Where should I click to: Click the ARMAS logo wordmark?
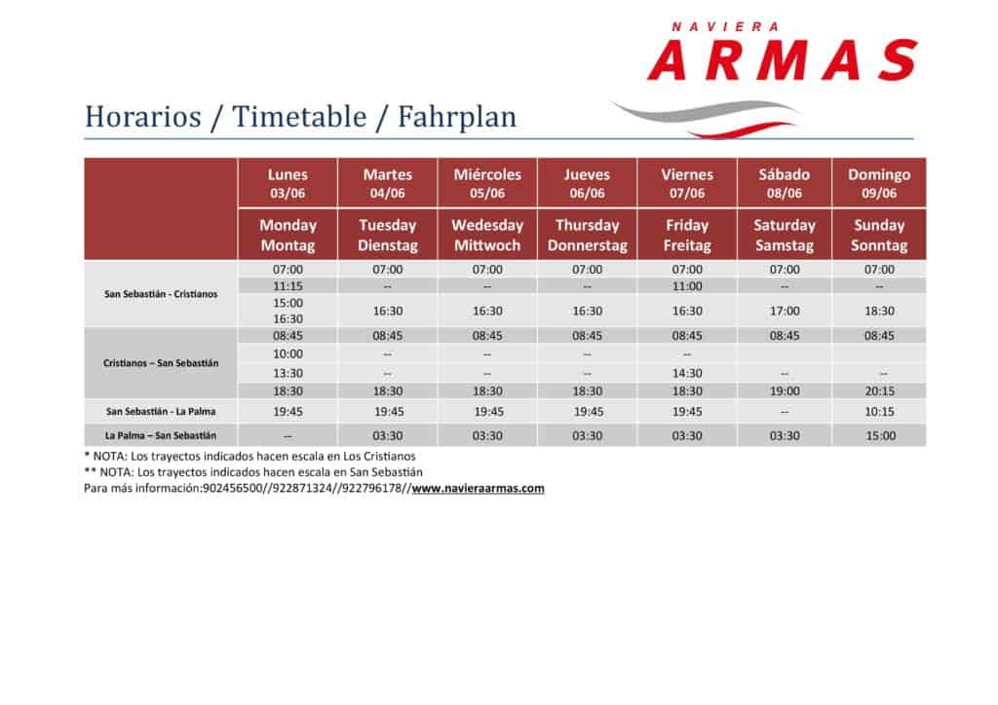point(783,59)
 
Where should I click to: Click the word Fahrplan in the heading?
point(457,117)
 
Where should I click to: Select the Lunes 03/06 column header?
point(288,183)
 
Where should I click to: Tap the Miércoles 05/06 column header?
point(487,183)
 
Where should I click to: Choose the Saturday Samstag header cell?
point(785,235)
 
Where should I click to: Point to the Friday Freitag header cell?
point(687,235)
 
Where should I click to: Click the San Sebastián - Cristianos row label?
point(161,294)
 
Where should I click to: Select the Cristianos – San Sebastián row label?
point(161,363)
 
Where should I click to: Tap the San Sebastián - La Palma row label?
point(161,411)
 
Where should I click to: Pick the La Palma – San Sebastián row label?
point(161,435)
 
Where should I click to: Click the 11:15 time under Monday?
point(288,286)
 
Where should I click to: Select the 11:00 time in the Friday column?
point(687,286)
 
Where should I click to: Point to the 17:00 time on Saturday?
point(785,311)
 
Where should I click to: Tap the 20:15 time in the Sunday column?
point(879,390)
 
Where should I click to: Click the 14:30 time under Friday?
point(687,373)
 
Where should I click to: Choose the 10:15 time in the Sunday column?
point(879,412)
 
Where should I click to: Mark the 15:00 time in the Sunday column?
point(880,436)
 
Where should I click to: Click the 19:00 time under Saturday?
point(785,390)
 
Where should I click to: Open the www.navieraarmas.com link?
point(478,488)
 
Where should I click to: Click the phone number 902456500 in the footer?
point(232,488)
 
